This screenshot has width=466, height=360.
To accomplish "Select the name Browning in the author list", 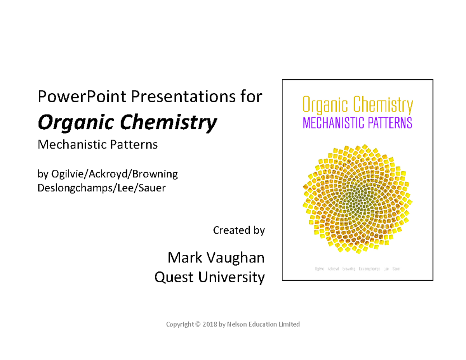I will coord(155,174).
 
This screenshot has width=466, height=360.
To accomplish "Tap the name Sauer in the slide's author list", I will coord(154,188).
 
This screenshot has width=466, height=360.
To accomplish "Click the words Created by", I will coord(239,230).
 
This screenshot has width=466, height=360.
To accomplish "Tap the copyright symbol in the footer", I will coord(197,324).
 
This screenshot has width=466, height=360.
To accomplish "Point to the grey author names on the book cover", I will coord(357,268).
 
